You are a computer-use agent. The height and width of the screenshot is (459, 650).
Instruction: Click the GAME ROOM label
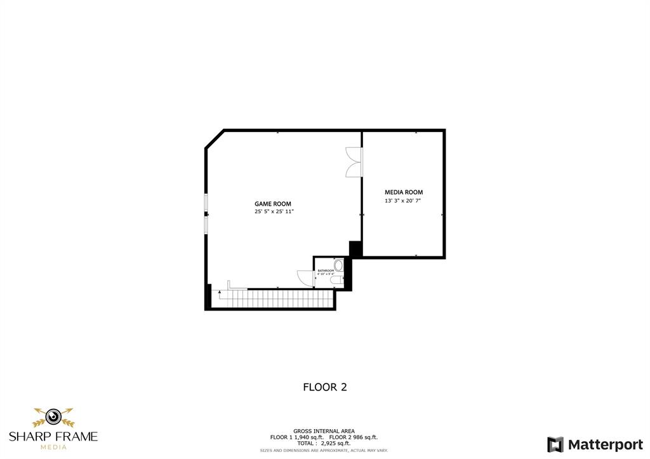pyautogui.click(x=273, y=204)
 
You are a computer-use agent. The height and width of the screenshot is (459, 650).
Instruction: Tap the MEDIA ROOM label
pyautogui.click(x=404, y=192)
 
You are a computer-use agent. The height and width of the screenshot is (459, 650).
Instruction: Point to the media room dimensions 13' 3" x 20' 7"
pyautogui.click(x=404, y=201)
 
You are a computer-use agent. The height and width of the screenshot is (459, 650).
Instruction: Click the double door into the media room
pyautogui.click(x=353, y=161)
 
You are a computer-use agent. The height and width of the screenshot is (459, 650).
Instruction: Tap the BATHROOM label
pyautogui.click(x=326, y=270)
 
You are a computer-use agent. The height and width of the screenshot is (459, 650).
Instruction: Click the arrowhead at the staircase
pyautogui.click(x=220, y=292)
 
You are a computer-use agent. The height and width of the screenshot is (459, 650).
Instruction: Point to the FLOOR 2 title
pyautogui.click(x=324, y=387)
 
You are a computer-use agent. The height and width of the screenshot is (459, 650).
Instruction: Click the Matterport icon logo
pyautogui.click(x=555, y=444)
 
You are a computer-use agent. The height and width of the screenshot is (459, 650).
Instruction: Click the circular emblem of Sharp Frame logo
pyautogui.click(x=53, y=417)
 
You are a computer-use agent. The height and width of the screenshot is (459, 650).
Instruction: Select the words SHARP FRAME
pyautogui.click(x=53, y=436)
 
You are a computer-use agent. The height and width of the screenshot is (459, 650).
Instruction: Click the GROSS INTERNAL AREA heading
pyautogui.click(x=324, y=430)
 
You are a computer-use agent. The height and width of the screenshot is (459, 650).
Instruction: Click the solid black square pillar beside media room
pyautogui.click(x=355, y=249)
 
